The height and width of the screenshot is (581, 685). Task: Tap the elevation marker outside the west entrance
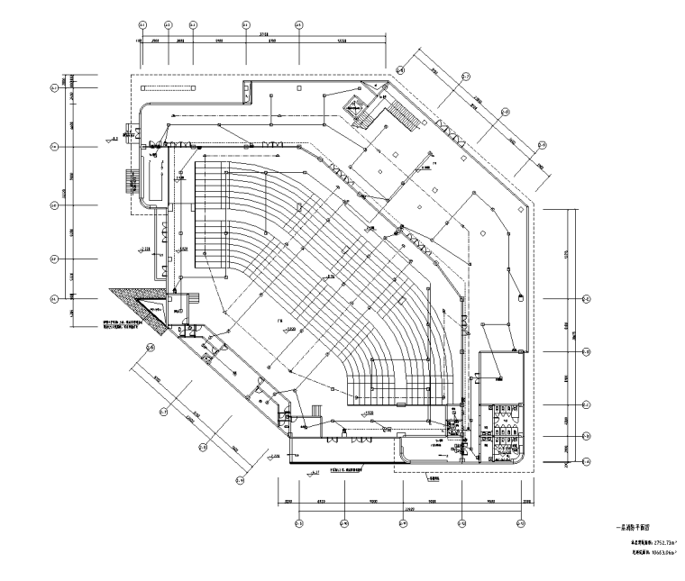pos(114,140)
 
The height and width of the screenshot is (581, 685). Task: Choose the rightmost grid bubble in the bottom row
pos(521,523)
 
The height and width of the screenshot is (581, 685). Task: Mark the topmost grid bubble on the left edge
pos(54,87)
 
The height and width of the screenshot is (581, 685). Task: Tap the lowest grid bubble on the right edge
pos(586,462)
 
